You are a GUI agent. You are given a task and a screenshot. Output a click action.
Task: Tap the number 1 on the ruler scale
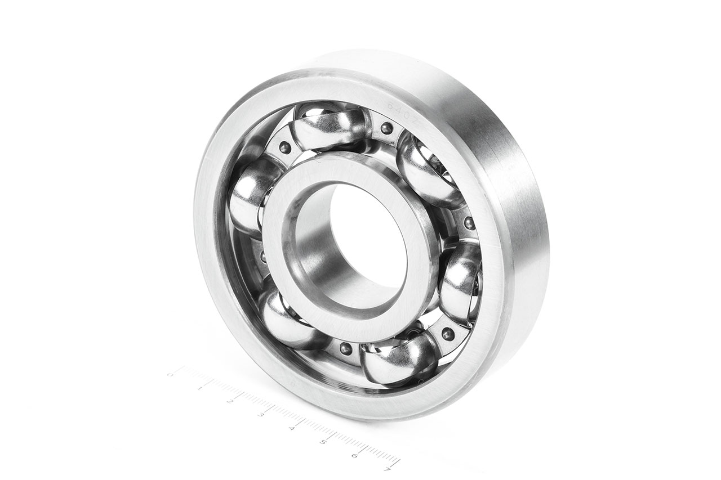pos(200,388)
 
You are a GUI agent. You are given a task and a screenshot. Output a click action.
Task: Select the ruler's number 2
pos(230,401)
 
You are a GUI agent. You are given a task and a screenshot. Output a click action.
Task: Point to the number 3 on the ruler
pos(260,415)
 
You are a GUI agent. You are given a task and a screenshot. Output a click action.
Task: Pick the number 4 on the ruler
pos(291,429)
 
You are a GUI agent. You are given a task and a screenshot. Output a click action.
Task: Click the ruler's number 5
pos(322,442)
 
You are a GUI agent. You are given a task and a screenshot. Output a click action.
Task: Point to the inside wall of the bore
pos(315,253)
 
